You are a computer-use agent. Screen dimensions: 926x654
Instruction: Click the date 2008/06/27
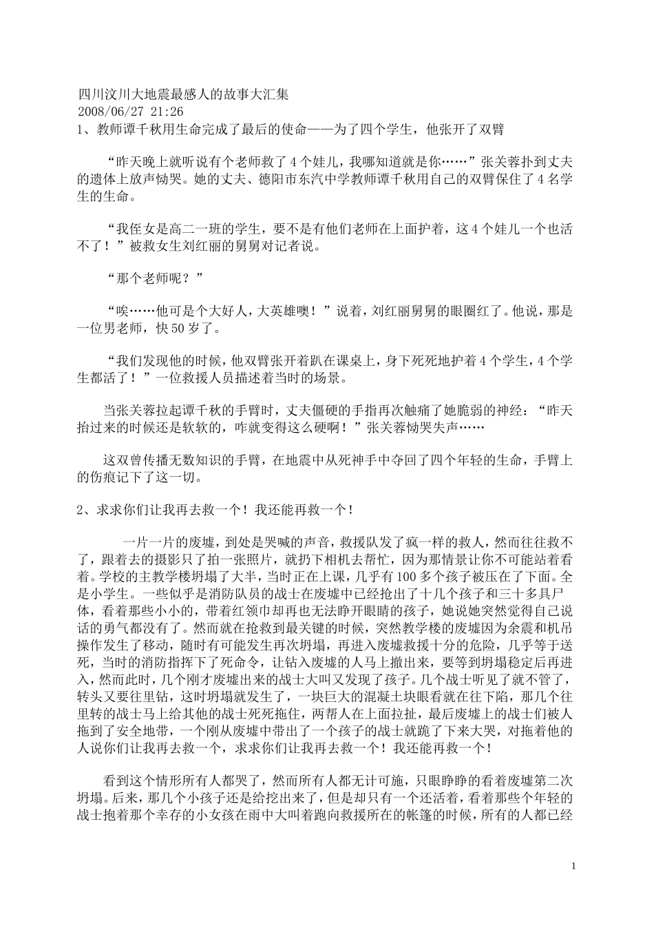[x=112, y=111]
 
